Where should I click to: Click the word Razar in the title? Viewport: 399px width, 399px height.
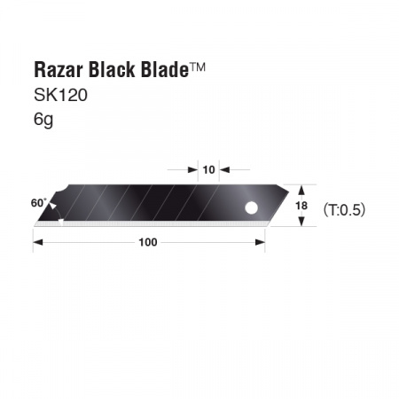pyautogui.click(x=55, y=70)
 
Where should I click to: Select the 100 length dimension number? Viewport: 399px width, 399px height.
pyautogui.click(x=149, y=241)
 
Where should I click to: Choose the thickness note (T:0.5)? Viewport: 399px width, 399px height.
pyautogui.click(x=344, y=210)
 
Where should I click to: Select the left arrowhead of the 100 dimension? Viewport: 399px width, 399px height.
pyautogui.click(x=36, y=241)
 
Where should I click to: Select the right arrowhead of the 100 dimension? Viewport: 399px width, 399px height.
pyautogui.click(x=262, y=241)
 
